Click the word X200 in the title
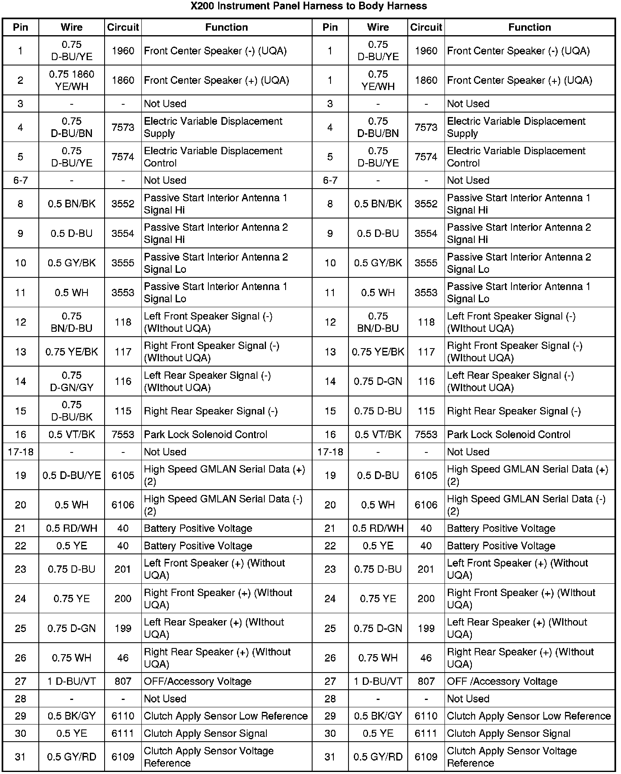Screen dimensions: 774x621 click(203, 6)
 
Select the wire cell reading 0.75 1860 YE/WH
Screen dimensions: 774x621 click(71, 80)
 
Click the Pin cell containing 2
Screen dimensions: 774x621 click(20, 80)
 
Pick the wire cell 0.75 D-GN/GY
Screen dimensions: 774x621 click(71, 381)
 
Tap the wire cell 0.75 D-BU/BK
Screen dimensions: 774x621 click(71, 411)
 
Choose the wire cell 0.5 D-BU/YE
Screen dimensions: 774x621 click(71, 475)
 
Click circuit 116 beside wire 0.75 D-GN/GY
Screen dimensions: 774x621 click(123, 381)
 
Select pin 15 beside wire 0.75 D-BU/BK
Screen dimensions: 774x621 click(20, 411)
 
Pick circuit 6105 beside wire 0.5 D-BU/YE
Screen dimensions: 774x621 click(123, 475)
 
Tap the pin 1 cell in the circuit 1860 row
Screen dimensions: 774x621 click(330, 80)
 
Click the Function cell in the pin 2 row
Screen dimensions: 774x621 click(217, 80)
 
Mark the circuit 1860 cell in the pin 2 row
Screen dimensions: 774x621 click(123, 80)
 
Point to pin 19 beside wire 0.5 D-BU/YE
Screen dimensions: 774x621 click(20, 475)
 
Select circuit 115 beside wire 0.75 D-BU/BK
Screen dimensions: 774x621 click(123, 411)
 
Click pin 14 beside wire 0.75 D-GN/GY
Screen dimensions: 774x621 click(20, 381)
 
